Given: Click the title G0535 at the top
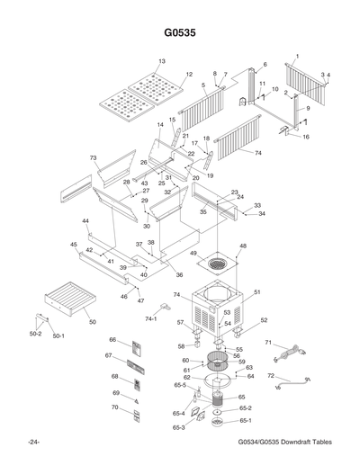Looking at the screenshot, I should coord(180,33).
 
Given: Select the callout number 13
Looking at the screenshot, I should coord(162,61).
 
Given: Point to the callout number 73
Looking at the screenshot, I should coord(94,157).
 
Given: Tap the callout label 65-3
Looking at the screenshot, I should coord(178,427).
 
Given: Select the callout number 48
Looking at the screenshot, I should coord(243,246).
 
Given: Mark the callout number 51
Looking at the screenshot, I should coord(256,291).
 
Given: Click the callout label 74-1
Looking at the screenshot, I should coord(151,318).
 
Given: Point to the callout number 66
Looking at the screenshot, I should coord(113,340).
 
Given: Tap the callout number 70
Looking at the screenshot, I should coord(114,407).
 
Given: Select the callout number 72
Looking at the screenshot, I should coord(271,376).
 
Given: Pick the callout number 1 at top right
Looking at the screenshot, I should coord(297,56).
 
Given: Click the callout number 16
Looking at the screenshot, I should coord(306,137).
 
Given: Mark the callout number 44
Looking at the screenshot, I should coord(85,220).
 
